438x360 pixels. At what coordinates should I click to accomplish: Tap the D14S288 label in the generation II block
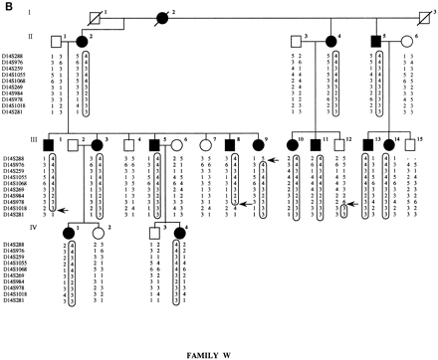pyautogui.click(x=19, y=61)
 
